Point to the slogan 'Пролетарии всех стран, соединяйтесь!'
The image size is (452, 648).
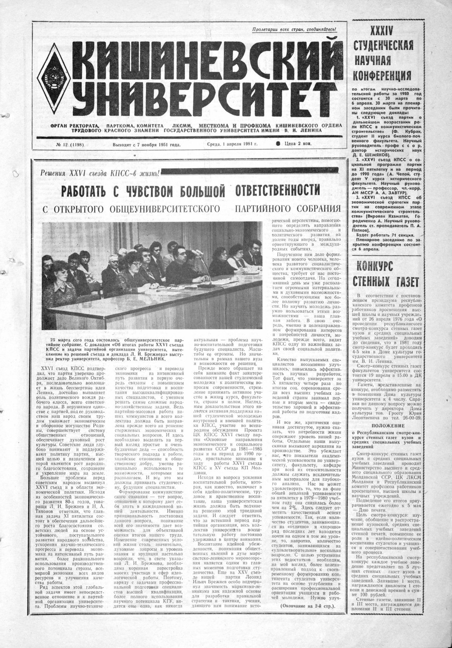tap(294, 29)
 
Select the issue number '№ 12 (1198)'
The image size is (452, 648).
tap(64, 144)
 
